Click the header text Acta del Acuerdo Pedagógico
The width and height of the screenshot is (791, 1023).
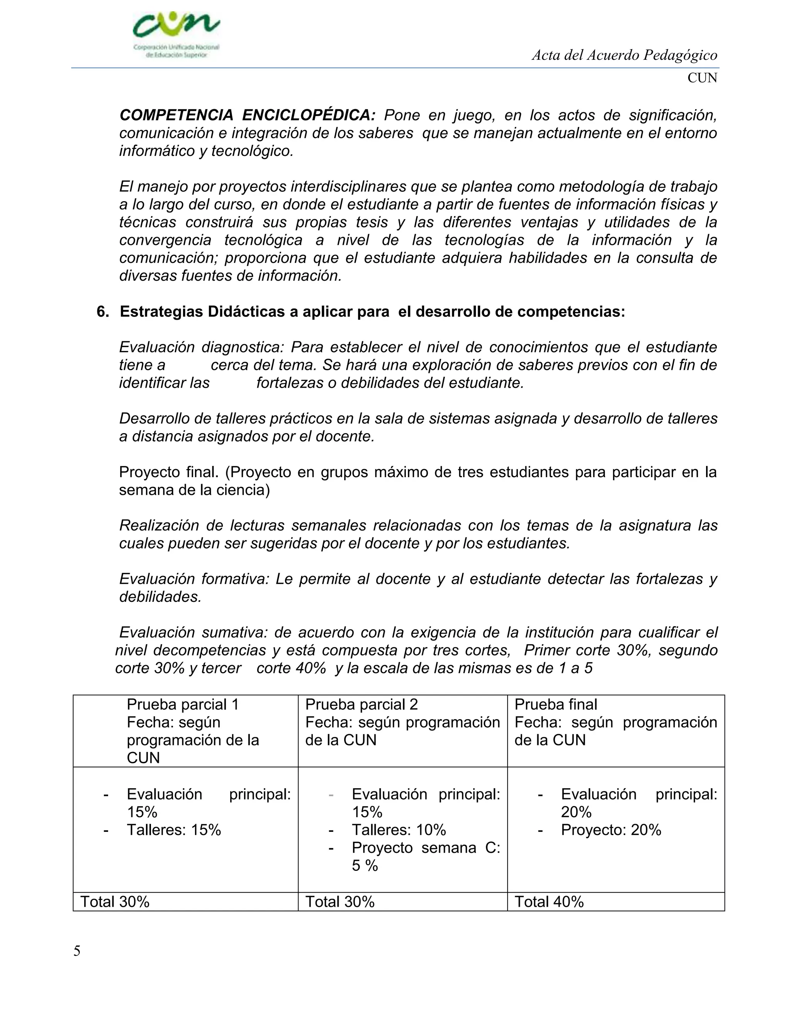[624, 55]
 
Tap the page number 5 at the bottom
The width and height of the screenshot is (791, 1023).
[77, 951]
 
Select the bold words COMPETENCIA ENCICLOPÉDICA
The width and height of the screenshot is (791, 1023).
[248, 115]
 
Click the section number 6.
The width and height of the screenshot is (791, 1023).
[102, 312]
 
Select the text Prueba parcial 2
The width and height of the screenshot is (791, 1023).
[361, 705]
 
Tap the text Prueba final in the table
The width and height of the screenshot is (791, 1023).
[556, 705]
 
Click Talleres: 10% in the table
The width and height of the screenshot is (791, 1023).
[399, 830]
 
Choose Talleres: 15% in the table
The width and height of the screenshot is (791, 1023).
[174, 830]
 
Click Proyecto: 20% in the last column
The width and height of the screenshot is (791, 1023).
[611, 830]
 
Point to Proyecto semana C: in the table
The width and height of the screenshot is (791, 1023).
[426, 848]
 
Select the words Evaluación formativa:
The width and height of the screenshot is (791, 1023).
[194, 579]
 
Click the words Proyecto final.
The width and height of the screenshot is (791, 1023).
[169, 472]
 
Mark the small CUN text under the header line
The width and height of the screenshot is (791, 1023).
[702, 78]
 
